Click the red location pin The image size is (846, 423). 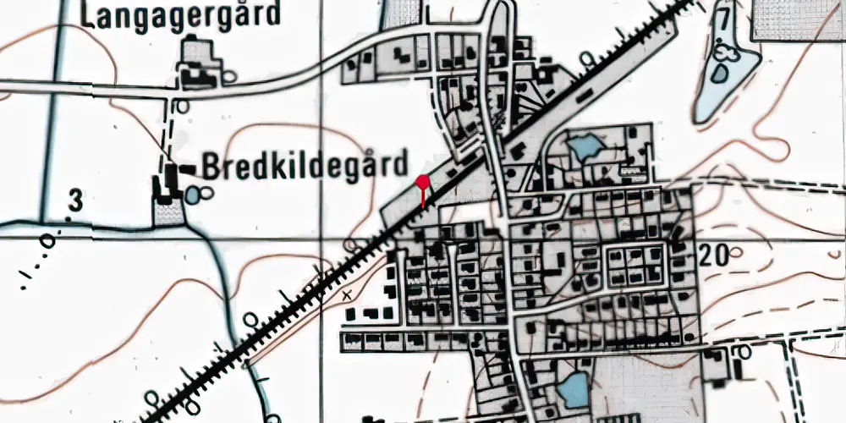click(x=423, y=181)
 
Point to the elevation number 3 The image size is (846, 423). click(x=76, y=201)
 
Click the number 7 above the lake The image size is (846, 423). click(x=722, y=19)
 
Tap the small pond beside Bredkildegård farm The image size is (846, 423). click(x=195, y=195)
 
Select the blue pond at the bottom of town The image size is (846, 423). click(x=574, y=391)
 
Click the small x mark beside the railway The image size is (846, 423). click(x=345, y=295)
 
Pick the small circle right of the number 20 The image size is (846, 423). click(x=734, y=251)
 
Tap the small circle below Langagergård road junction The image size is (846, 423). click(x=181, y=106)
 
